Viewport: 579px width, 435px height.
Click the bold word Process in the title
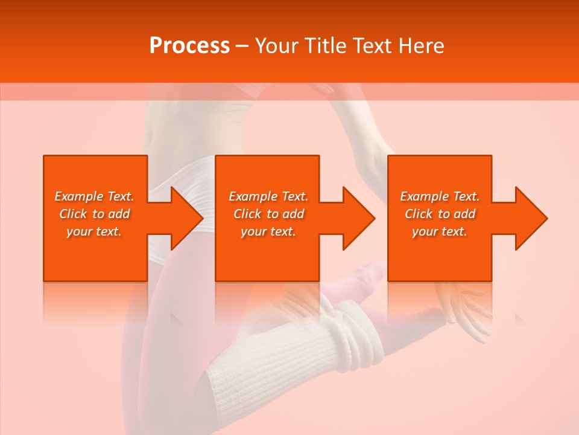189,46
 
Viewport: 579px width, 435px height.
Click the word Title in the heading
324,46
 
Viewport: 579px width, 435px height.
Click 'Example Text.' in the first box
94,196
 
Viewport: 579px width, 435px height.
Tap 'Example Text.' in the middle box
268,196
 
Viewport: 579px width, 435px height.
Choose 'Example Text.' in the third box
440,196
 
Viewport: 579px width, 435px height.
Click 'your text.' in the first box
94,232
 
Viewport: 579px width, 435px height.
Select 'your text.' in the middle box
268,232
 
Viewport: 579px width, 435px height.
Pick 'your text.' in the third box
440,232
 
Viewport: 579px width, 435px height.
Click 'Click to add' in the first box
94,214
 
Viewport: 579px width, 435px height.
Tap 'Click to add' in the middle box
268,214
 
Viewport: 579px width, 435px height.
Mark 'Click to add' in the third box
440,214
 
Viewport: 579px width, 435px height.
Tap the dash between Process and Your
242,47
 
